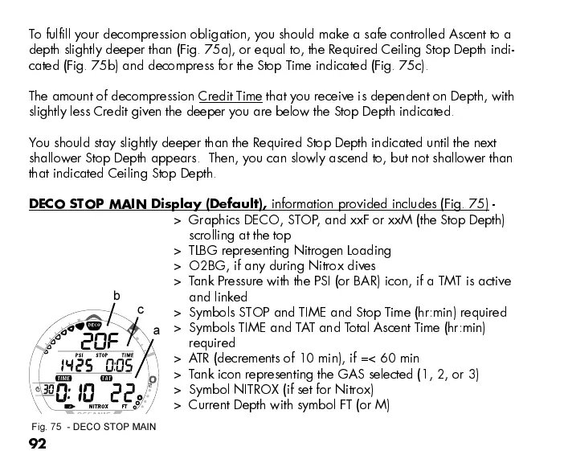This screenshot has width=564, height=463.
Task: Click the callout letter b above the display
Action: tap(116, 296)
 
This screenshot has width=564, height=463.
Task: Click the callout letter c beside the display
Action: tap(141, 309)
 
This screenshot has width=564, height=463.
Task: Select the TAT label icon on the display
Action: tap(105, 377)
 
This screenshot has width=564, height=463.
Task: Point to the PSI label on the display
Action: tap(80, 354)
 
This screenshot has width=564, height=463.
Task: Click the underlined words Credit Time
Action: tap(231, 97)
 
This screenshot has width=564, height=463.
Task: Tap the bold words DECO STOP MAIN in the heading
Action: tap(88, 203)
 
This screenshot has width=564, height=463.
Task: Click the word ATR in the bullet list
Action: tap(199, 359)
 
